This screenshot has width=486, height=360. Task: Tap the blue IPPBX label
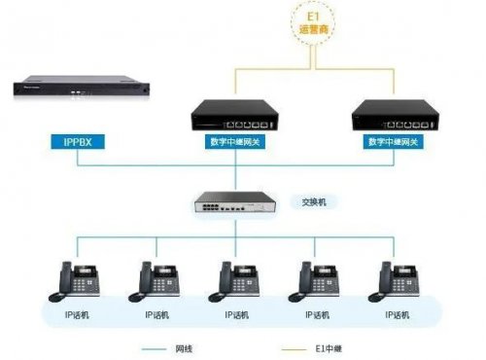(x=74, y=142)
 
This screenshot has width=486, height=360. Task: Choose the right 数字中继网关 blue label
(x=395, y=142)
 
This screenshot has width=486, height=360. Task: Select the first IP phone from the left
(x=81, y=282)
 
